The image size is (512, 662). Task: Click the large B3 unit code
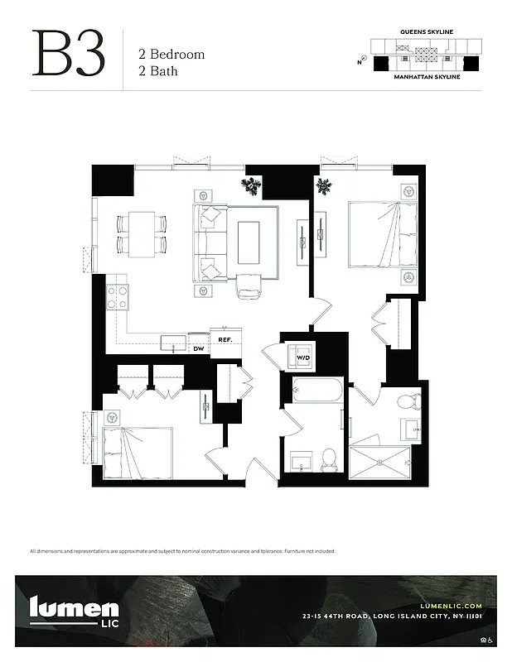tap(69, 55)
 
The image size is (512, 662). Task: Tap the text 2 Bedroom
tap(171, 55)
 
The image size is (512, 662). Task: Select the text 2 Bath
tap(158, 71)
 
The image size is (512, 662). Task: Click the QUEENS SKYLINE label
tap(426, 31)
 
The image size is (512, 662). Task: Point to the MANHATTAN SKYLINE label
tap(426, 75)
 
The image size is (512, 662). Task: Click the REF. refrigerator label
tap(225, 339)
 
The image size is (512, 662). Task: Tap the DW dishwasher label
tap(198, 349)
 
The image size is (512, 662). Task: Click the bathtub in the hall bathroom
tap(317, 390)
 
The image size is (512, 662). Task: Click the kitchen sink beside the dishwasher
tap(174, 343)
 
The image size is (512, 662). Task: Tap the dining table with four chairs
tap(142, 233)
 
